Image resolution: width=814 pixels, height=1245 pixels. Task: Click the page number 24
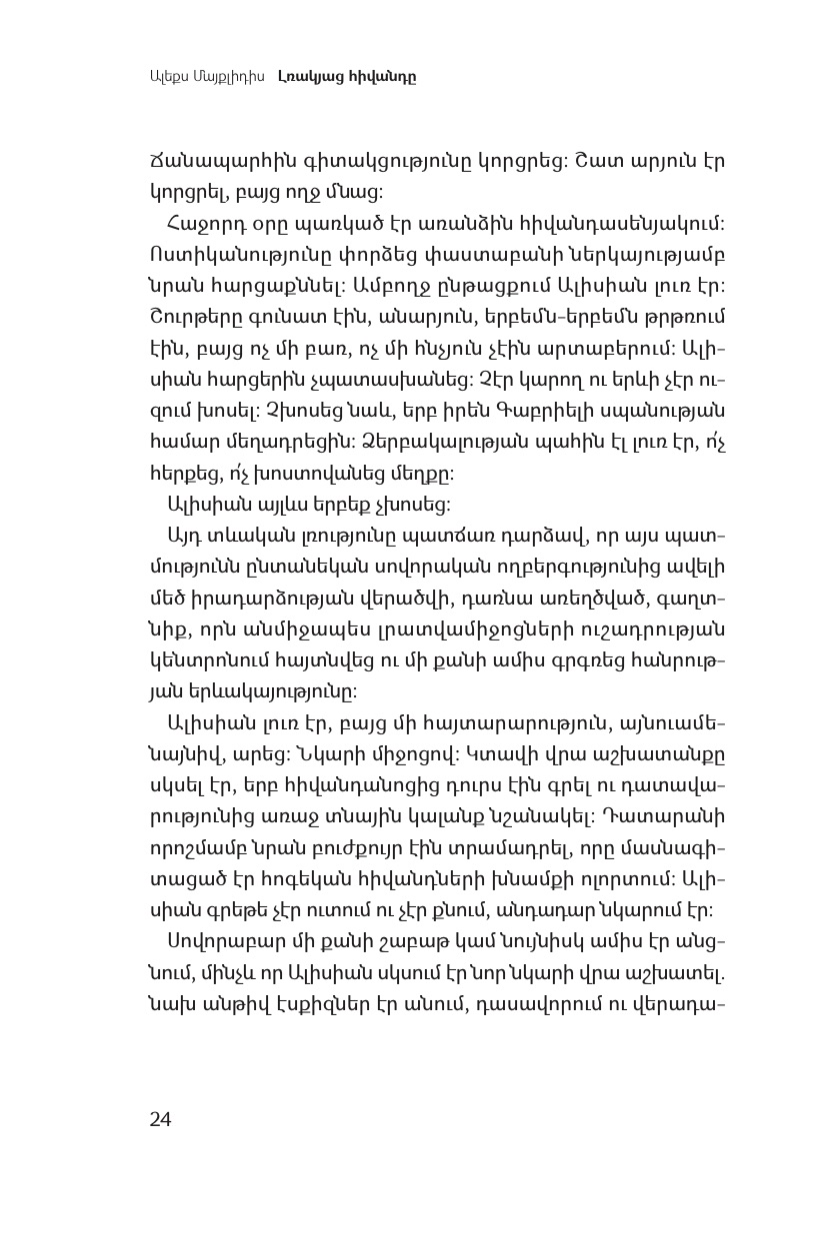point(160,1119)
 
